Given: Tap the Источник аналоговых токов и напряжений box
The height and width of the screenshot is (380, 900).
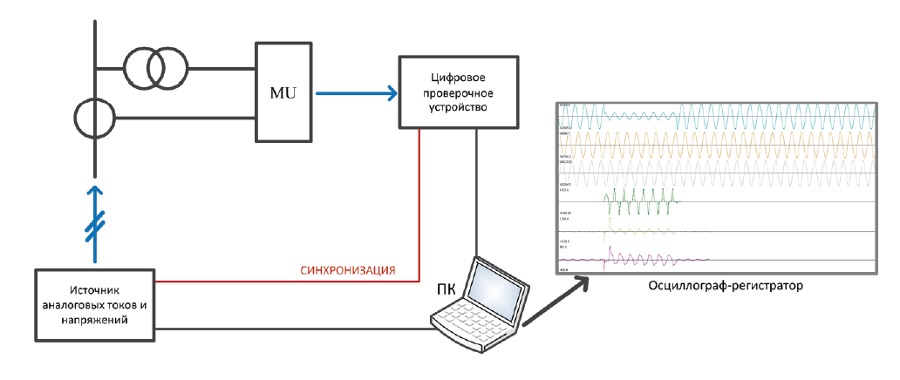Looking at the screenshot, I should pyautogui.click(x=95, y=304).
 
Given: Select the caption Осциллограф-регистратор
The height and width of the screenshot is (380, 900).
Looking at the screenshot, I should pyautogui.click(x=714, y=286).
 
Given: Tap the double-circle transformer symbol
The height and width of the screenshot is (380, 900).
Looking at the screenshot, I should pyautogui.click(x=154, y=66).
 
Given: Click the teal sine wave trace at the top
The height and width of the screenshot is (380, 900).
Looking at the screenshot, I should pyautogui.click(x=741, y=117).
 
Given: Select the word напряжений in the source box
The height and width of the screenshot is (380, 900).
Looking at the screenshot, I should pyautogui.click(x=95, y=320).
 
